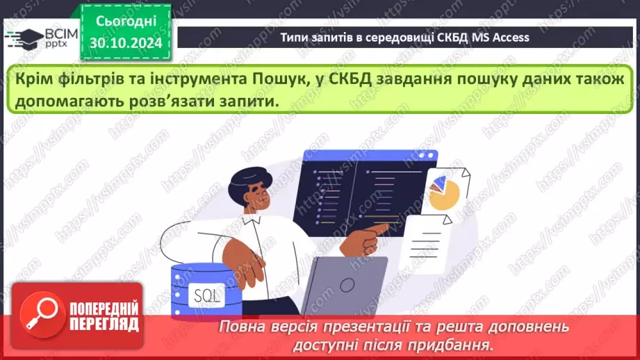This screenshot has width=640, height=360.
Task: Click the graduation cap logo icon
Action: coord(24,38)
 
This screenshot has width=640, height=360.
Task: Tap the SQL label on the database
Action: coord(206,295)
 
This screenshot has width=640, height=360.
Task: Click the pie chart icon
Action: coord(443,191)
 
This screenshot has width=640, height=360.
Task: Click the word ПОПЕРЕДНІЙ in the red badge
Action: coord(104,308)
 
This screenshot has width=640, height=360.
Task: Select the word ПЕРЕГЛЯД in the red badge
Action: coord(104,324)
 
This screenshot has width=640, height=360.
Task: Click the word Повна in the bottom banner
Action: coord(241,327)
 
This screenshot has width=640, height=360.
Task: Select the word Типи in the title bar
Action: coord(295,38)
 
